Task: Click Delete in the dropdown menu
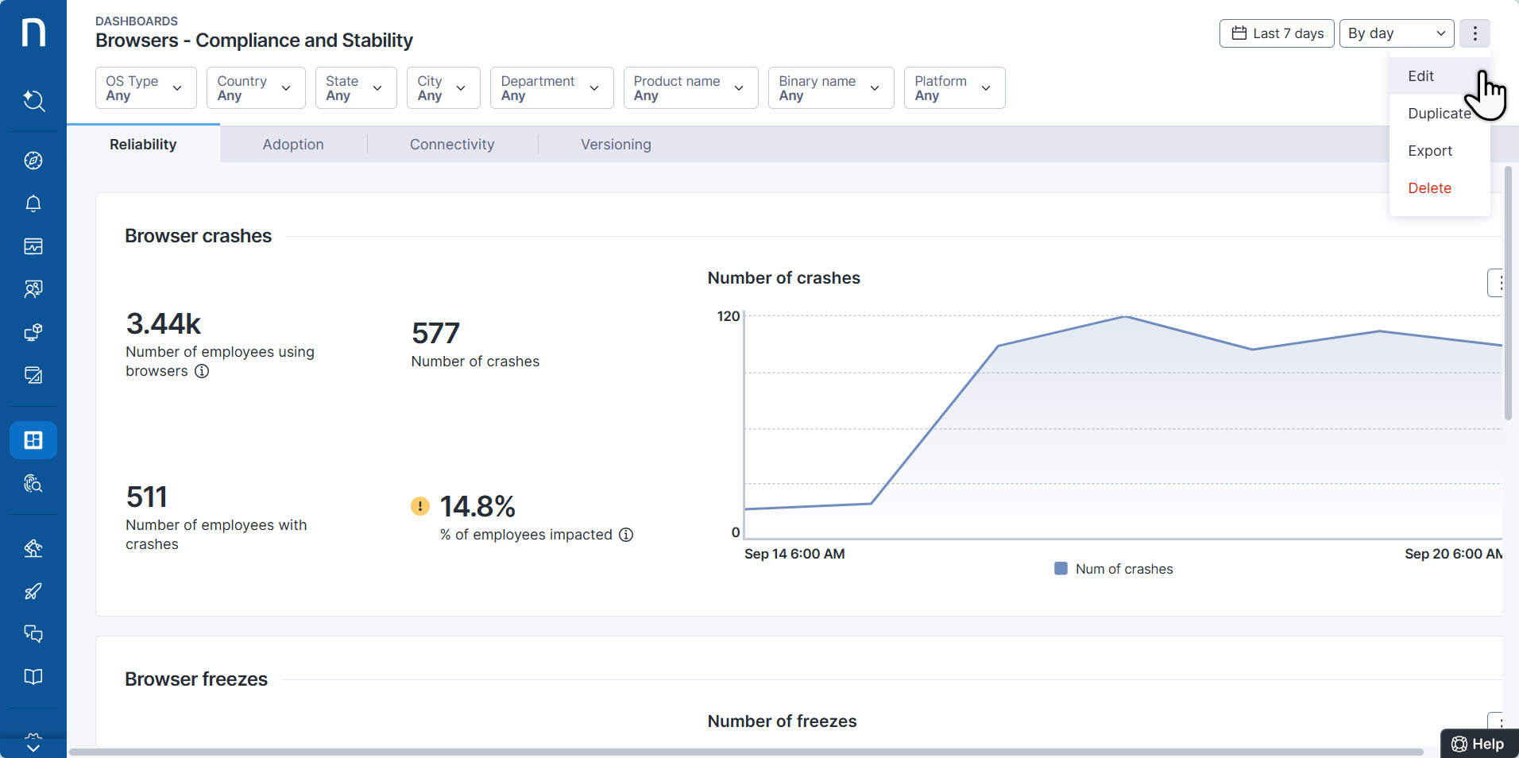click(x=1429, y=188)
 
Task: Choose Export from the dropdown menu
click(x=1429, y=151)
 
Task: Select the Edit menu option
click(x=1420, y=76)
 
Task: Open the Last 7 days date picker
click(x=1276, y=33)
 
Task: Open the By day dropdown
click(x=1396, y=33)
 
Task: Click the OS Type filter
click(x=145, y=88)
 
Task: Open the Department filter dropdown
click(x=551, y=88)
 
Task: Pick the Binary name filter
click(x=830, y=88)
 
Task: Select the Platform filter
click(x=953, y=88)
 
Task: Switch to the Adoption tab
click(x=293, y=145)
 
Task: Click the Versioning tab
click(x=616, y=145)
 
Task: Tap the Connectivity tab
click(x=452, y=145)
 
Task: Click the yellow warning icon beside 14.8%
click(x=420, y=506)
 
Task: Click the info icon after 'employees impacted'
click(x=626, y=535)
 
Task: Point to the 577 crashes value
click(x=435, y=333)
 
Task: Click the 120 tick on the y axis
click(x=728, y=316)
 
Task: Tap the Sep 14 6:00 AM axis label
click(x=794, y=554)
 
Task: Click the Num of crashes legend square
click(x=1061, y=569)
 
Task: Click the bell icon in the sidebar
click(x=33, y=203)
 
